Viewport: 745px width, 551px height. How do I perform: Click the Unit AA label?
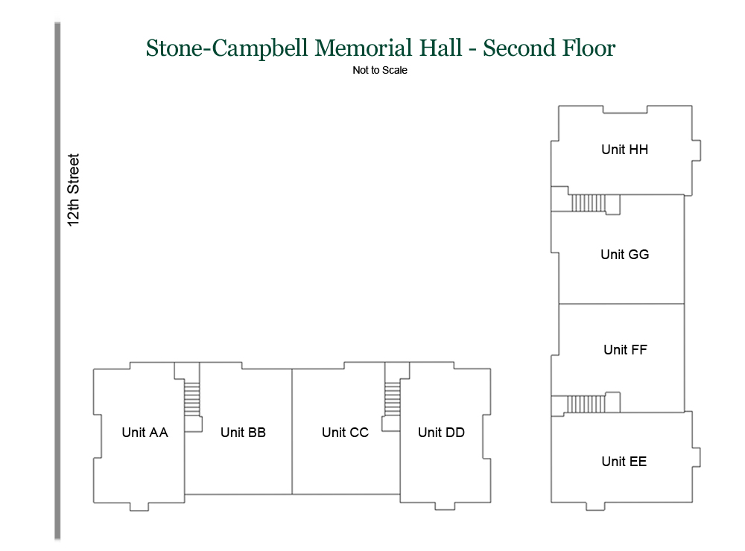pos(145,433)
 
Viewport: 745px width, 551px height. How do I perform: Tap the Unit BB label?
pos(243,433)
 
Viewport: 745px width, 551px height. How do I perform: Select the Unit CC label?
pos(345,433)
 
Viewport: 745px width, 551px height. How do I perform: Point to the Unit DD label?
pos(441,433)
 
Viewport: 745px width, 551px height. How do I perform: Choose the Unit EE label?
pos(624,462)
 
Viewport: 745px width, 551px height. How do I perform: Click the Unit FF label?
pos(625,350)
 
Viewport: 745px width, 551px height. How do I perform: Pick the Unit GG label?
pos(624,255)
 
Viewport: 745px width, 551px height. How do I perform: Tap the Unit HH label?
pos(624,150)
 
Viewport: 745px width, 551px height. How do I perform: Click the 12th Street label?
pos(74,190)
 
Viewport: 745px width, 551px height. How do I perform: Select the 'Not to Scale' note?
pos(380,71)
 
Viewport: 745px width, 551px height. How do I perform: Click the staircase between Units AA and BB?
pos(193,399)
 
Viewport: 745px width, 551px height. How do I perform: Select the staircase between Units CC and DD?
pos(393,399)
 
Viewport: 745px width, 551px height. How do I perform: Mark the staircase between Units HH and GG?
pos(586,203)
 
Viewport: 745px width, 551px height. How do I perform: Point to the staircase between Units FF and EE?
pos(586,404)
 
